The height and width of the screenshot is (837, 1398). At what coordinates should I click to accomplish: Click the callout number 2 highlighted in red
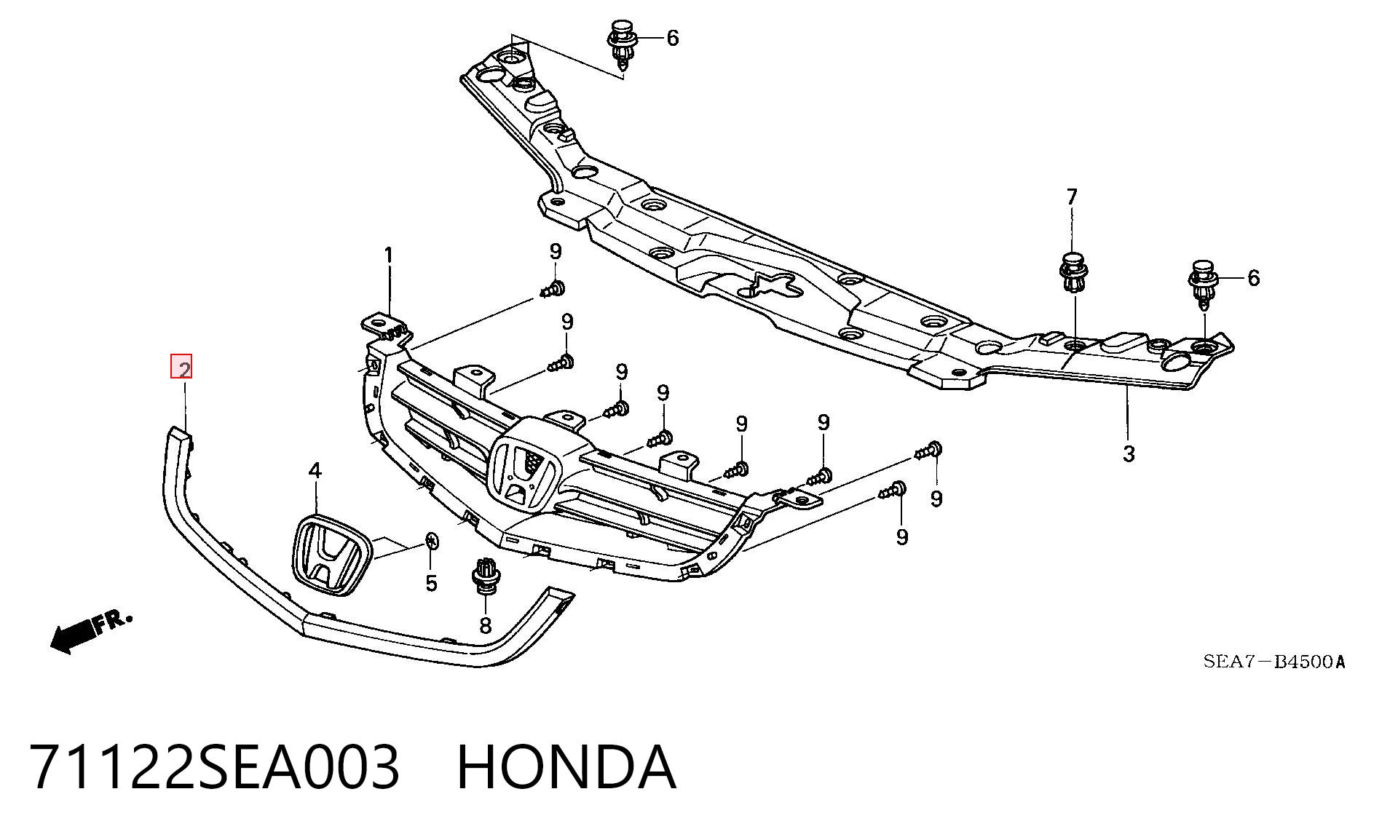tap(181, 367)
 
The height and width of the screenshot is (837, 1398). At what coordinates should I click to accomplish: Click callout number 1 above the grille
tap(389, 255)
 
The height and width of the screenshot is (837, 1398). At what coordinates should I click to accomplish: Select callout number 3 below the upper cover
tap(1129, 453)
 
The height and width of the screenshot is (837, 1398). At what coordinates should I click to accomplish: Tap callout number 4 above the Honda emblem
tap(315, 471)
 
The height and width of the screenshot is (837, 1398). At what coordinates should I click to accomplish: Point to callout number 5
tap(431, 583)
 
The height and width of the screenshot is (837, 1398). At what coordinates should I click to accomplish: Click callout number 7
tap(1072, 197)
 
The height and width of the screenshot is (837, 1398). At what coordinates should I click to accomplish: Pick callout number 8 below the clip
tap(485, 624)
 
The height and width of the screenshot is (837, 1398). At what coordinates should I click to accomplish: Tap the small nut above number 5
tap(431, 541)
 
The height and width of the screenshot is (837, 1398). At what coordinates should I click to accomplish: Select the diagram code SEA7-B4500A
tap(1273, 662)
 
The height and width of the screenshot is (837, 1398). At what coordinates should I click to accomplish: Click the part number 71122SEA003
tap(215, 766)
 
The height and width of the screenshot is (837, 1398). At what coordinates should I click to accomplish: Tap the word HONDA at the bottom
tap(566, 766)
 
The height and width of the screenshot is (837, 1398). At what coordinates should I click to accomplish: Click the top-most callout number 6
tap(672, 38)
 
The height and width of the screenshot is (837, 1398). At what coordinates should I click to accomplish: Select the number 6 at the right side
tap(1253, 277)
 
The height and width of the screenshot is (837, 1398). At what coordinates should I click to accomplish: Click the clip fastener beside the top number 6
tap(621, 45)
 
